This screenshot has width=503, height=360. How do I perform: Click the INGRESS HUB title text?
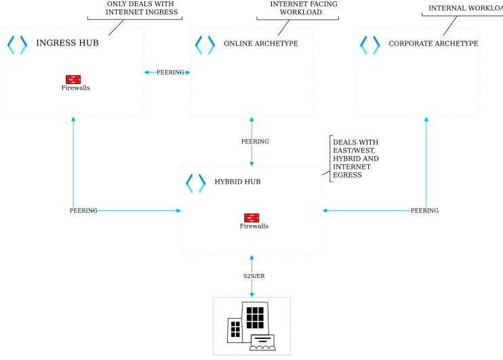(x=67, y=43)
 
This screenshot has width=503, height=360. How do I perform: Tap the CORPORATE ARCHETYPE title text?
(x=433, y=44)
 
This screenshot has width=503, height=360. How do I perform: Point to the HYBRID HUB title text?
(x=237, y=182)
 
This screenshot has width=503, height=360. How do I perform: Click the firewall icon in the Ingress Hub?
(x=73, y=79)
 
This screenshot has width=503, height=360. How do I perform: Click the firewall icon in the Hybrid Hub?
(x=251, y=218)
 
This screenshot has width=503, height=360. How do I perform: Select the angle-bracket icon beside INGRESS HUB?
(x=17, y=45)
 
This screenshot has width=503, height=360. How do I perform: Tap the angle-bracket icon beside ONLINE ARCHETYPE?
(x=205, y=45)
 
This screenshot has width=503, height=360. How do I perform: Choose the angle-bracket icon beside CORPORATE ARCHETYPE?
(x=369, y=45)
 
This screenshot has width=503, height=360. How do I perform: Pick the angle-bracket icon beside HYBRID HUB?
(x=195, y=183)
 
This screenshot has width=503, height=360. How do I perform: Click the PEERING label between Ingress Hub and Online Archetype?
(x=170, y=73)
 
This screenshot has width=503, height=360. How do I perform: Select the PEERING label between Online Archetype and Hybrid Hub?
(x=254, y=142)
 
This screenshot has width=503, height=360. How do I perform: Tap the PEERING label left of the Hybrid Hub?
(x=83, y=211)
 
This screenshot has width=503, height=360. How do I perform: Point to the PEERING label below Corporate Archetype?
(x=424, y=211)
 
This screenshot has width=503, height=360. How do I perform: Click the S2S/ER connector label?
(x=254, y=276)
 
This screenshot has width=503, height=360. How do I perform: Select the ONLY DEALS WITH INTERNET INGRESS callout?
(x=141, y=8)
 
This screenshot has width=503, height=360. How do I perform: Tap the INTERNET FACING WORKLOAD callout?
(x=303, y=8)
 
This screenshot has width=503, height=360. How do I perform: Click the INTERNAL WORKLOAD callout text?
(x=465, y=8)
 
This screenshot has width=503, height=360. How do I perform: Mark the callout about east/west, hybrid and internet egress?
(x=355, y=159)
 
